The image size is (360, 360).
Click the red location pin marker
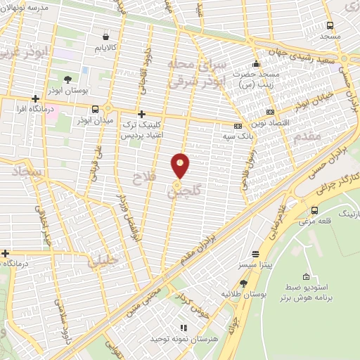coord(180,166)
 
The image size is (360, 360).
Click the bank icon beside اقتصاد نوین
coord(271,112)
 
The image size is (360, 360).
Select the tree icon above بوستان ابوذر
coord(67,79)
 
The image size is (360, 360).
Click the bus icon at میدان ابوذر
coord(95,108)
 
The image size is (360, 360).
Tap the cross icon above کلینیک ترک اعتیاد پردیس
coord(141,114)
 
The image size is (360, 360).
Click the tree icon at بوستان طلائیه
coord(243,283)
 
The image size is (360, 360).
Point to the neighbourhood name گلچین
coord(186,191)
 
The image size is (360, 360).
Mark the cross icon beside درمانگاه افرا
coord(34,99)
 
